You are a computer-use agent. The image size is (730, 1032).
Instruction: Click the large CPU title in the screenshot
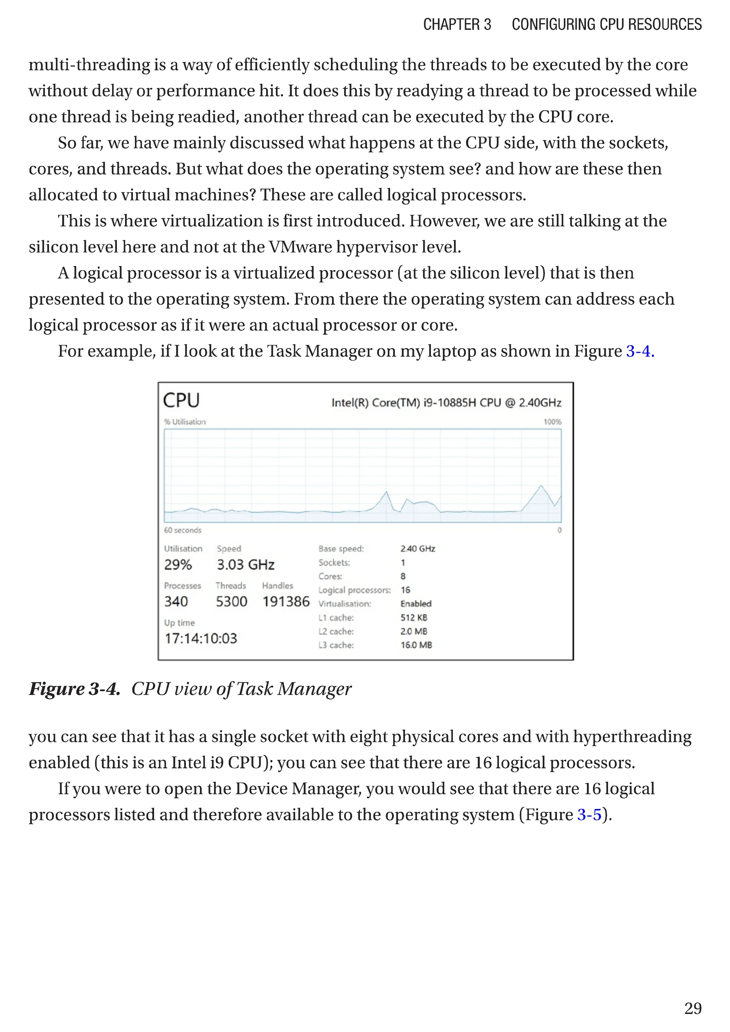[181, 400]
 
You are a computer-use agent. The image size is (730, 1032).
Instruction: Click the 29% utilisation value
[178, 565]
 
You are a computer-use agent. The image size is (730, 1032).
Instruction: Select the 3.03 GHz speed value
[245, 565]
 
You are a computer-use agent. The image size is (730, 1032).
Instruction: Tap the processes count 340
[176, 601]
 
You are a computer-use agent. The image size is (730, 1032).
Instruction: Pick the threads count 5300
[232, 601]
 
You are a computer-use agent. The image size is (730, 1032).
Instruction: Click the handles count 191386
[286, 601]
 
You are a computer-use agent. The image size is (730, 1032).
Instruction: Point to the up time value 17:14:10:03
[201, 638]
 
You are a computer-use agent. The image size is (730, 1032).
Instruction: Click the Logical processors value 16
[406, 590]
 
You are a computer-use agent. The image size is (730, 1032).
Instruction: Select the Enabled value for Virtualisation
[416, 604]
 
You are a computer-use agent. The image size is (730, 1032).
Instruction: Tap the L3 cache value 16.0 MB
[416, 645]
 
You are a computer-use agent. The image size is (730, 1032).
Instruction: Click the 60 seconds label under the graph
[182, 531]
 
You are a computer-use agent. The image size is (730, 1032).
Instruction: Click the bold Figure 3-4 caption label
[75, 688]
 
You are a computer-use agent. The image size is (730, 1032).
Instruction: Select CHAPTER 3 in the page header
[457, 24]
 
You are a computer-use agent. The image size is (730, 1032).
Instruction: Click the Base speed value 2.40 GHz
[418, 549]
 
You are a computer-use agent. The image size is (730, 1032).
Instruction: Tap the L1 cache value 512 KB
[413, 618]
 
